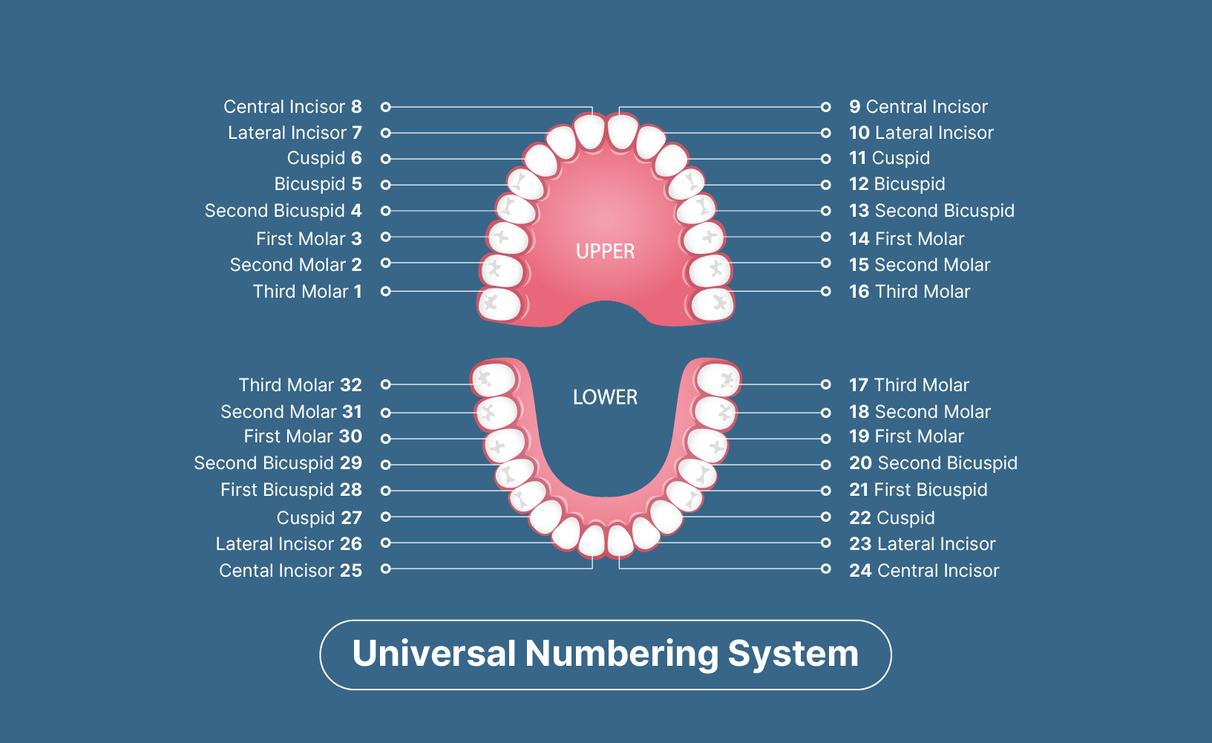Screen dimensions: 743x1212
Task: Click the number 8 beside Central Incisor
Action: [356, 107]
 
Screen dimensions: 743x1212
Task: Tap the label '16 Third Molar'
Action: [909, 292]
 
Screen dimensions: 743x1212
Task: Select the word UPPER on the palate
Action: [605, 252]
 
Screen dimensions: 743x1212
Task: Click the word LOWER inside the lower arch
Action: [605, 397]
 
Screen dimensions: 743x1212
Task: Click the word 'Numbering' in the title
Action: [622, 654]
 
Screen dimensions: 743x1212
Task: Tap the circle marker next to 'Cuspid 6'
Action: [386, 159]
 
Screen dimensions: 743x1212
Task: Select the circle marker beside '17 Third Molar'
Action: [825, 384]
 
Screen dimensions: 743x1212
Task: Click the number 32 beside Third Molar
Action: [351, 385]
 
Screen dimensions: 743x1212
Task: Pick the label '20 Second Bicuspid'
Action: [933, 463]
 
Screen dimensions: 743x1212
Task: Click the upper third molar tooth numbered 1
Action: [499, 304]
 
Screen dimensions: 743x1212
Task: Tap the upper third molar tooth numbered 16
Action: [713, 304]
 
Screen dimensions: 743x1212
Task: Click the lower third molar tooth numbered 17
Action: [718, 379]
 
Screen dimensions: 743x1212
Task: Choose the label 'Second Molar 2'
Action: [295, 265]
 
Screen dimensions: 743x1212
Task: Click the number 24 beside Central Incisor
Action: [860, 571]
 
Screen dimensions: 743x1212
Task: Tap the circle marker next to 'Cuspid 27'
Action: [386, 517]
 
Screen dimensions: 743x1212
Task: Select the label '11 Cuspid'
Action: [889, 158]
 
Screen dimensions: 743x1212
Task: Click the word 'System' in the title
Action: [793, 654]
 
